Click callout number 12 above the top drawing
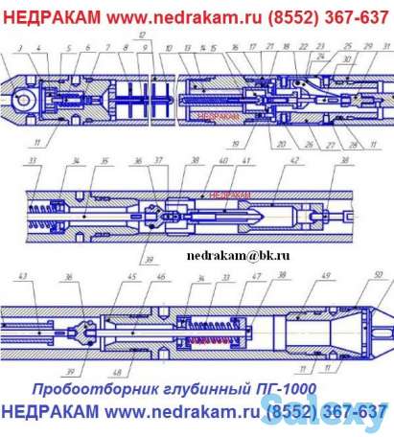[141, 34]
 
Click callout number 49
[326, 278]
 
